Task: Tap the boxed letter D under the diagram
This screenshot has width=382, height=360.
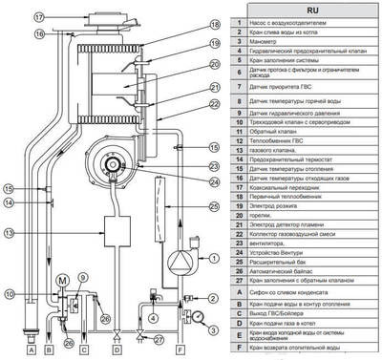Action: [x=116, y=337]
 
